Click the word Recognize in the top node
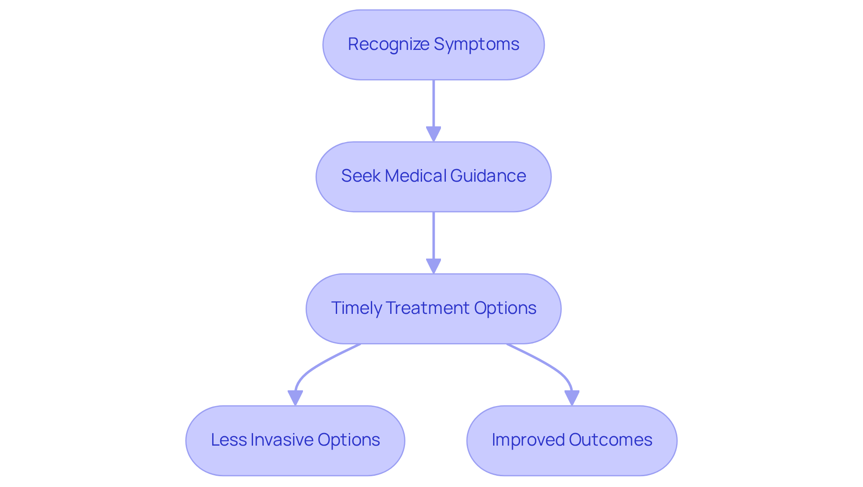pos(388,45)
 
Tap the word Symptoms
pos(476,45)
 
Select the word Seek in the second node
pos(360,176)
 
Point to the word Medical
pos(415,176)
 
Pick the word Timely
pos(356,308)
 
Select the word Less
pos(228,440)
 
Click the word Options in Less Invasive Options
pos(349,440)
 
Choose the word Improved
pos(528,440)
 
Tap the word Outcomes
pos(610,440)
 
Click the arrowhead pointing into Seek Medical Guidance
pos(433,134)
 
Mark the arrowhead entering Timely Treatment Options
pos(433,266)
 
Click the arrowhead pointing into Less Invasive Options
pos(295,398)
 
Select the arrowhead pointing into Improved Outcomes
pos(572,398)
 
